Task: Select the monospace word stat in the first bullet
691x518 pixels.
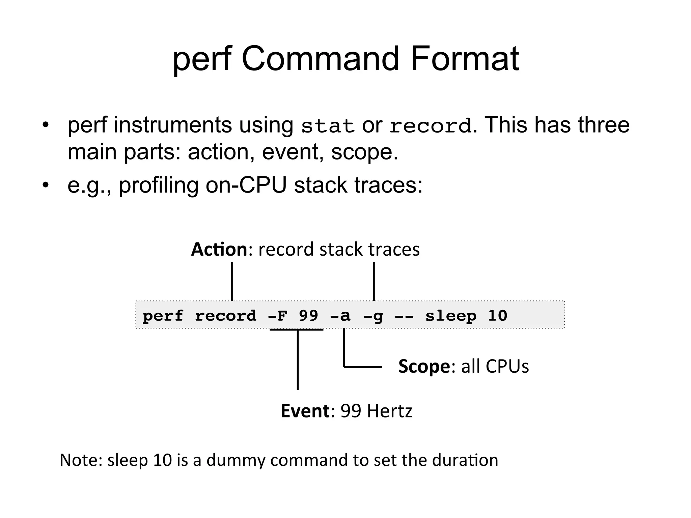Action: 327,126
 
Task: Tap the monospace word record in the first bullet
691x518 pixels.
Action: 430,126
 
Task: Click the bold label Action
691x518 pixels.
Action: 219,250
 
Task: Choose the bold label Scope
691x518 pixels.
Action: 424,366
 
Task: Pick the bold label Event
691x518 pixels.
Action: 305,411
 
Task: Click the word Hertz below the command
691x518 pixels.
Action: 389,411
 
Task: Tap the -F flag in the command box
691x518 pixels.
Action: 277,316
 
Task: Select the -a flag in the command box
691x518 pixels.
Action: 340,316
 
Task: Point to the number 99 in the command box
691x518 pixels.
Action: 308,316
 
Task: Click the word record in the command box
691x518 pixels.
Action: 226,316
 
